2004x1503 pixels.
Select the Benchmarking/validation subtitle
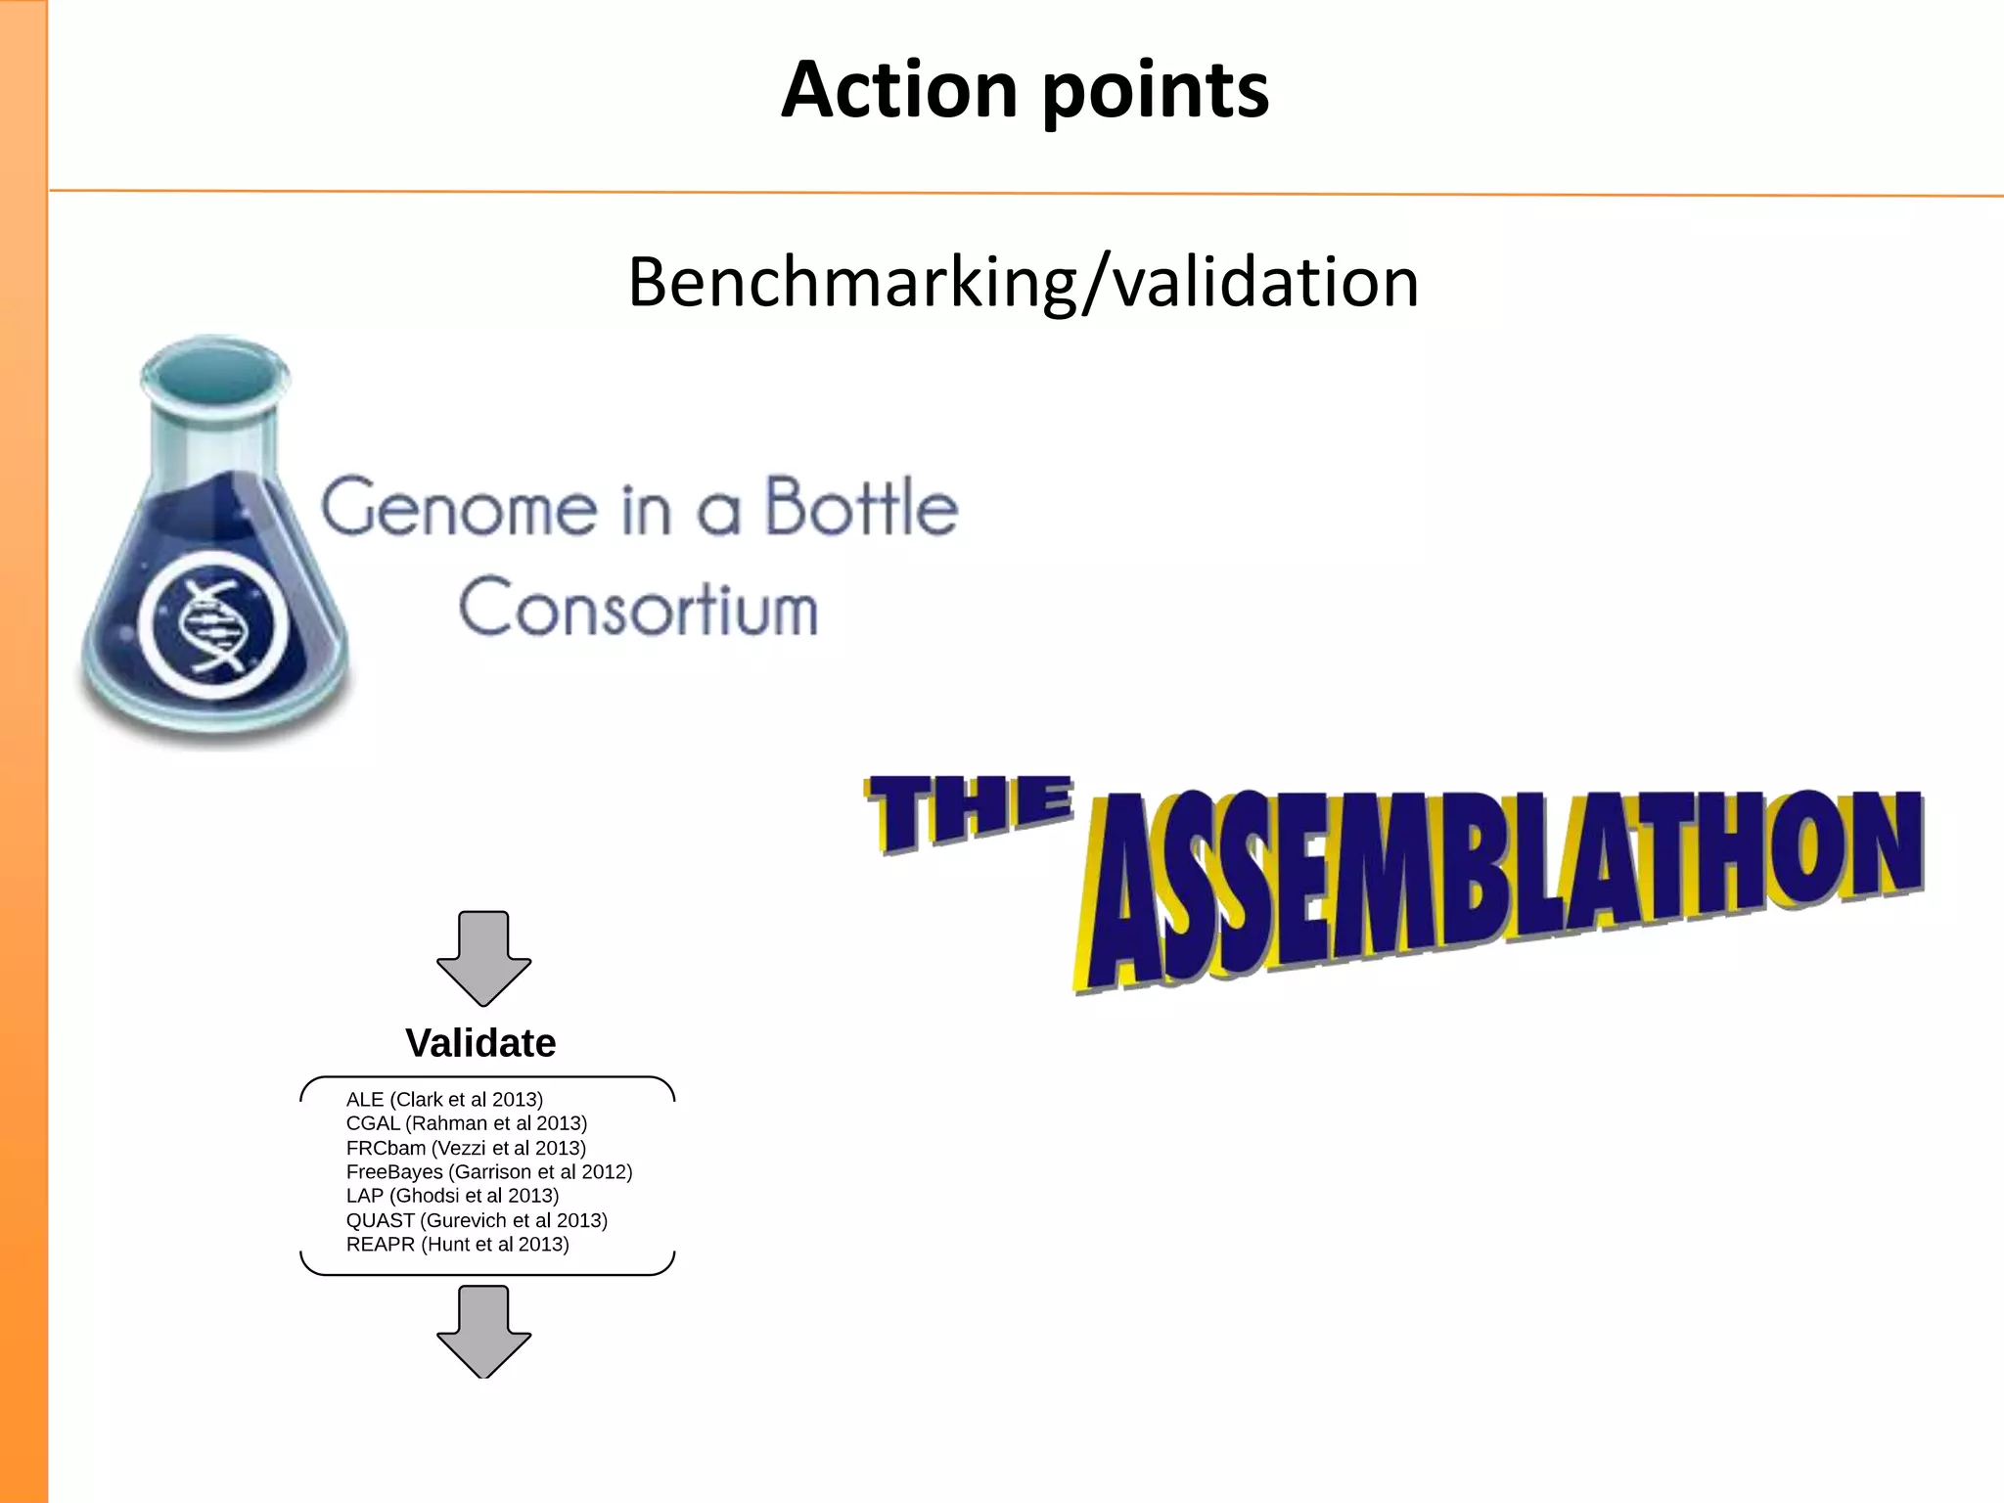[x=1023, y=282]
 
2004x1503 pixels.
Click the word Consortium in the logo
[x=638, y=609]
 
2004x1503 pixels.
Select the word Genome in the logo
[x=460, y=509]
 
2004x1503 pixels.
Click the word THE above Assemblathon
[x=969, y=812]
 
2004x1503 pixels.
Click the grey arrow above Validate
[x=483, y=957]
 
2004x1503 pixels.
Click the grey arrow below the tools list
[x=483, y=1331]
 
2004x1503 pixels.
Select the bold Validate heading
[x=480, y=1043]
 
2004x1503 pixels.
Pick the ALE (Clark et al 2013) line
[x=444, y=1099]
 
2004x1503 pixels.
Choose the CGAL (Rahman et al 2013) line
[x=466, y=1123]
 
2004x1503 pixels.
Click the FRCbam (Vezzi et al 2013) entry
[x=466, y=1148]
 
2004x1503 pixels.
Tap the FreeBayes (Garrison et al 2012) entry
[x=489, y=1171]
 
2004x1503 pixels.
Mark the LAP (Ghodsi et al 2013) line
[x=452, y=1196]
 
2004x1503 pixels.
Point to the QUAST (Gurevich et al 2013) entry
[x=477, y=1220]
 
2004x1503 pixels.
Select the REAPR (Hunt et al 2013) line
[x=457, y=1244]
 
